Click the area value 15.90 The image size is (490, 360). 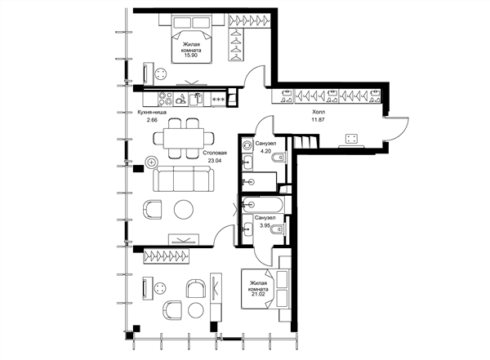192,55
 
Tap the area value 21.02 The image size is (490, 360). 257,295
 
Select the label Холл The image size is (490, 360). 318,112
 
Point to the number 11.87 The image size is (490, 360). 318,119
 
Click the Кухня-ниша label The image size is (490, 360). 152,112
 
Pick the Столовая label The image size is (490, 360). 214,153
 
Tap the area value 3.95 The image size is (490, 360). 265,224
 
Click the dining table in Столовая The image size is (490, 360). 183,138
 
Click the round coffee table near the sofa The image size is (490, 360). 184,209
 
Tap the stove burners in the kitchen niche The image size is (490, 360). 165,98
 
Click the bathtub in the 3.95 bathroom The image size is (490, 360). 263,205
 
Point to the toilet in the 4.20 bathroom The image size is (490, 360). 279,157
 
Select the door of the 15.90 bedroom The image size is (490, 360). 255,76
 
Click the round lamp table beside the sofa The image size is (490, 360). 152,162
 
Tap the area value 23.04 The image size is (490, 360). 214,161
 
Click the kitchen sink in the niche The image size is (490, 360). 196,99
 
